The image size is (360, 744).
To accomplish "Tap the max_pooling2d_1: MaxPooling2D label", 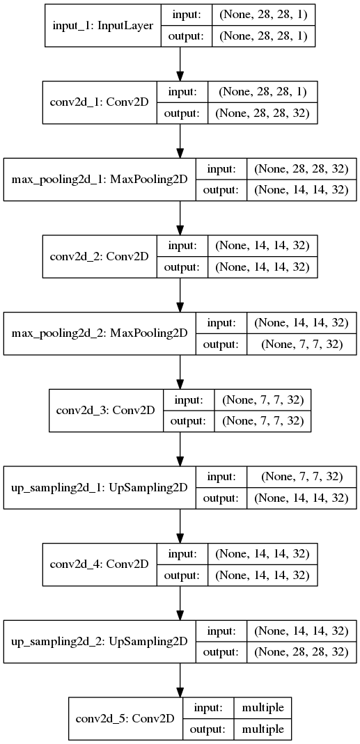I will [x=100, y=179].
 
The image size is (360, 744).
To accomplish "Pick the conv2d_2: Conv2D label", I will [x=100, y=255].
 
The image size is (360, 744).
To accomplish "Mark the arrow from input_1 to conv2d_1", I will [x=180, y=65].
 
